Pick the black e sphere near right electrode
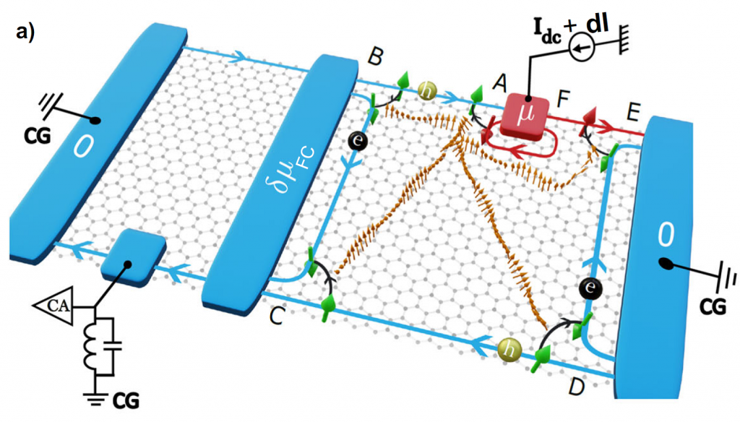point(589,290)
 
